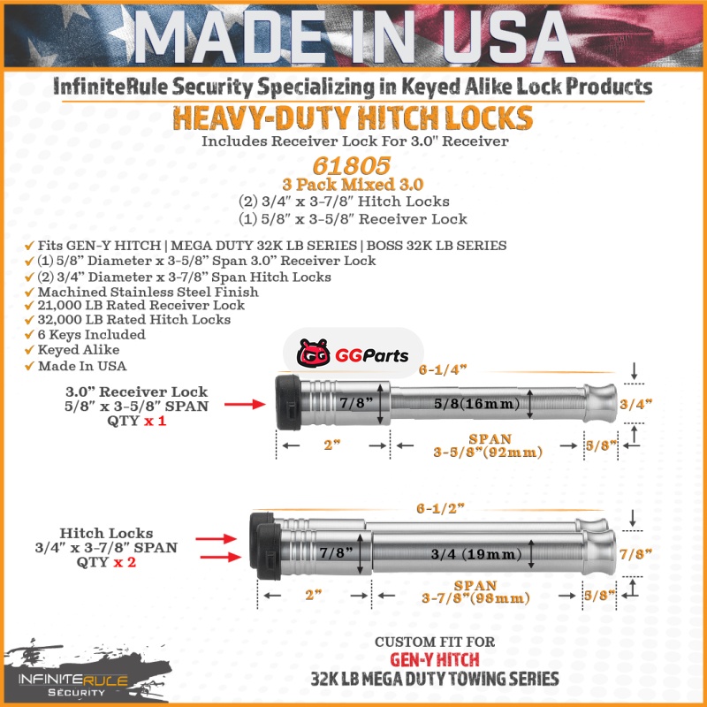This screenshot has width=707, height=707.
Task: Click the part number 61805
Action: pos(351,165)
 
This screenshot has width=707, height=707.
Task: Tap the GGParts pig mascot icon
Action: pos(313,353)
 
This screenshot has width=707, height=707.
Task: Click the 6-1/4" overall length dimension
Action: pos(443,369)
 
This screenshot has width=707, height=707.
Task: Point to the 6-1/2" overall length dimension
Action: pos(439,509)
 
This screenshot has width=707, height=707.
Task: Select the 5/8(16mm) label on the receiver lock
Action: pos(476,403)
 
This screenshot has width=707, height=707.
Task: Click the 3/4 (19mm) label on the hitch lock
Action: pos(476,554)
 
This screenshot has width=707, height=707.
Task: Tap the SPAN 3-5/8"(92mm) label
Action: pos(488,445)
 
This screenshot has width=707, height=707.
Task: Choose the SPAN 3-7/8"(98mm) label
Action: pos(475,592)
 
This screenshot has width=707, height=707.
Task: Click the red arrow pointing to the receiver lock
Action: pos(245,404)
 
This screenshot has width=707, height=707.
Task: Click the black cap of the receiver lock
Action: pos(288,402)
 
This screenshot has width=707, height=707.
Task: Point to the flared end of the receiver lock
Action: pos(601,403)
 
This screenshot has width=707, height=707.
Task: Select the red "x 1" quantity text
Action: pos(156,422)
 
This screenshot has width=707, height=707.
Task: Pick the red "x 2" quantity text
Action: pos(125,562)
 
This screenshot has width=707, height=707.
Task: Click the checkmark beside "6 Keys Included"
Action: pos(29,335)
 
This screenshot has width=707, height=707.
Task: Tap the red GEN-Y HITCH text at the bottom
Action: pos(434,660)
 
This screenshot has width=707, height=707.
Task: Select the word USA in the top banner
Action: pos(508,37)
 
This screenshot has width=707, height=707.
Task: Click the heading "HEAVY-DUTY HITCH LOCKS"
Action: pos(353,118)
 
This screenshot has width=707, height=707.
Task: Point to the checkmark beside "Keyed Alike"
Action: pos(29,350)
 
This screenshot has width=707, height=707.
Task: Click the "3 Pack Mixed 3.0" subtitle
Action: pos(353,185)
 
